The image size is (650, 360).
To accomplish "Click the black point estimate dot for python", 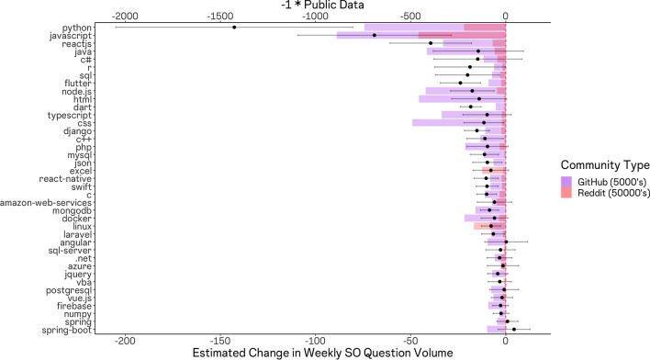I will pyautogui.click(x=234, y=28).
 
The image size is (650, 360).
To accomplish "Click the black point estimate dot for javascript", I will pyautogui.click(x=374, y=36).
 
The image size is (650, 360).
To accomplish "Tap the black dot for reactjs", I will pyautogui.click(x=430, y=43).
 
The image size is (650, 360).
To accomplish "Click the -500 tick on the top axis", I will pyautogui.click(x=410, y=17).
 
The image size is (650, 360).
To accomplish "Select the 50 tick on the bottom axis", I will pyautogui.click(x=410, y=342).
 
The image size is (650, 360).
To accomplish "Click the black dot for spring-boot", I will pyautogui.click(x=514, y=330).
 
